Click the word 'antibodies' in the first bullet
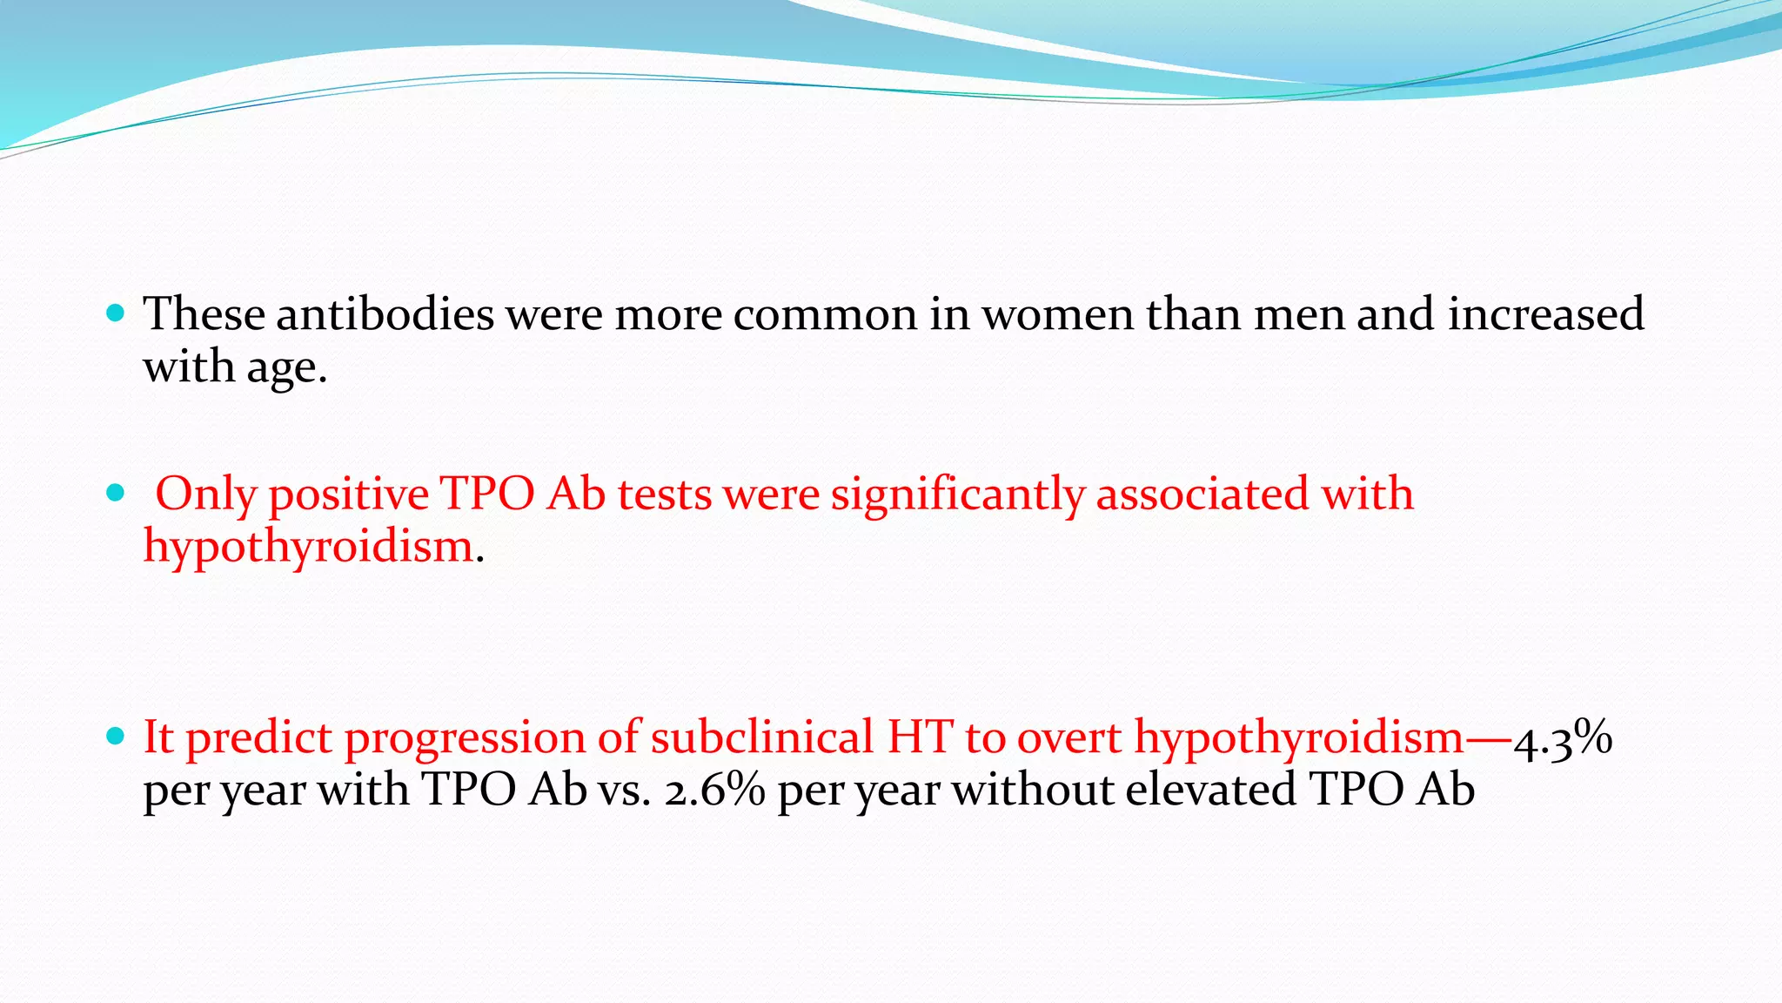385,313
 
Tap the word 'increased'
1545,313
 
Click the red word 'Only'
205,495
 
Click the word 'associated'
1203,495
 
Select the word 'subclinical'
761,737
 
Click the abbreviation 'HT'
920,737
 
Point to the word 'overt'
1069,737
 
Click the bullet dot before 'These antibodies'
115,313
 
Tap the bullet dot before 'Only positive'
115,494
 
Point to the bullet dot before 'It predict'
115,737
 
